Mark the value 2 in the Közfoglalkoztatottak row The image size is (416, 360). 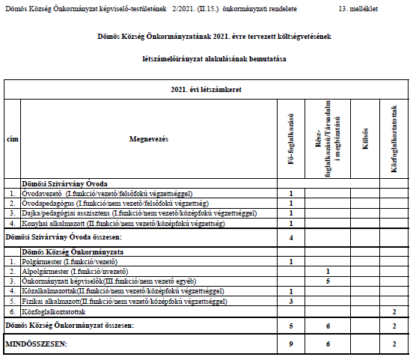[394, 311]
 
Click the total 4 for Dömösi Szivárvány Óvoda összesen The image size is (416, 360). [290, 238]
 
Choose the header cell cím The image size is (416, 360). [12, 139]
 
